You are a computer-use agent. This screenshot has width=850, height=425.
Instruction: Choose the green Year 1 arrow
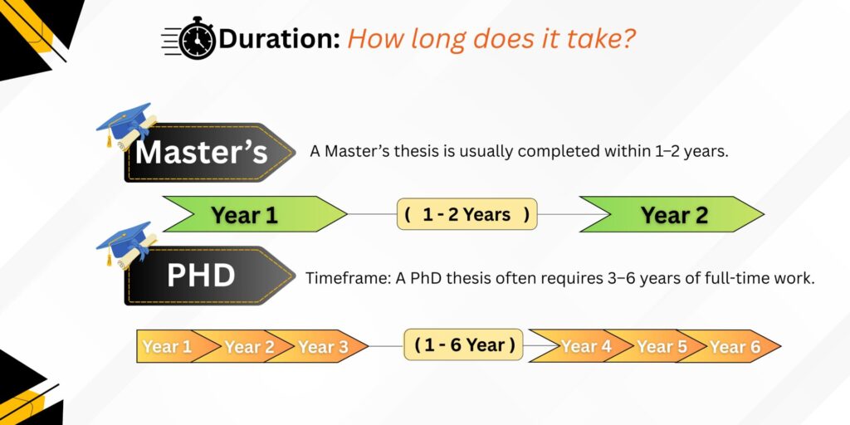(x=249, y=214)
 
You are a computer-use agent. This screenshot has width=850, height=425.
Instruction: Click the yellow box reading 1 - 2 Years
(x=467, y=214)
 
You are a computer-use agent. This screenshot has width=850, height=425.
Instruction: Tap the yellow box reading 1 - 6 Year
(x=463, y=344)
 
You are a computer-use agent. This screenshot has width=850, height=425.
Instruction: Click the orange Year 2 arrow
(x=247, y=346)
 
